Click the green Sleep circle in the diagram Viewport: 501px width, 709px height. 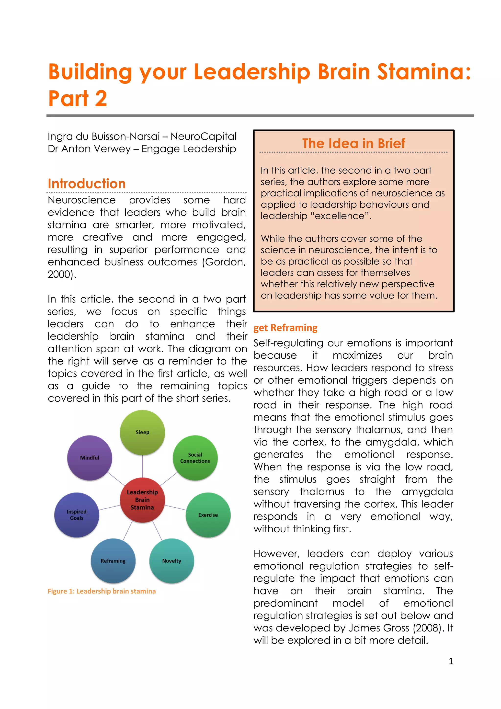142,432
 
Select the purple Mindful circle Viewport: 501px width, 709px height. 90,458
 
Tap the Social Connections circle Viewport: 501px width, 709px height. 195,458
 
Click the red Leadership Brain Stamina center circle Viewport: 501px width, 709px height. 142,500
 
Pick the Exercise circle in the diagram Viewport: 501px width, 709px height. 208,515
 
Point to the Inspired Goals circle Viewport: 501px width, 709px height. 77,515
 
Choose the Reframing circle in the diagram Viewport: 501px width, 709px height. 113,561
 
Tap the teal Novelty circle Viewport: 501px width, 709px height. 172,561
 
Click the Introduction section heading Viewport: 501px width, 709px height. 87,184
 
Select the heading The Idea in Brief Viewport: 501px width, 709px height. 353,143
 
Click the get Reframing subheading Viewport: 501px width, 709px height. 285,328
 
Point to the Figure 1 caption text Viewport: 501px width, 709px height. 102,591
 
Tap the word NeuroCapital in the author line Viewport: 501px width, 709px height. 204,136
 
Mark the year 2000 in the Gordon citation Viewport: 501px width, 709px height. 60,274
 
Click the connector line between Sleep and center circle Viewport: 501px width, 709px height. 142,466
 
